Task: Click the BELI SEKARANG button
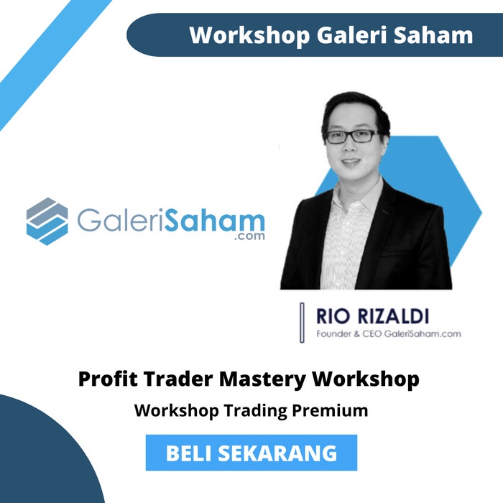pos(251,453)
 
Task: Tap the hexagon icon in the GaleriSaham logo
pos(47,221)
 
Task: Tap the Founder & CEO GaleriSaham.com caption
pos(388,333)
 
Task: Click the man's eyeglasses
pos(351,136)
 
